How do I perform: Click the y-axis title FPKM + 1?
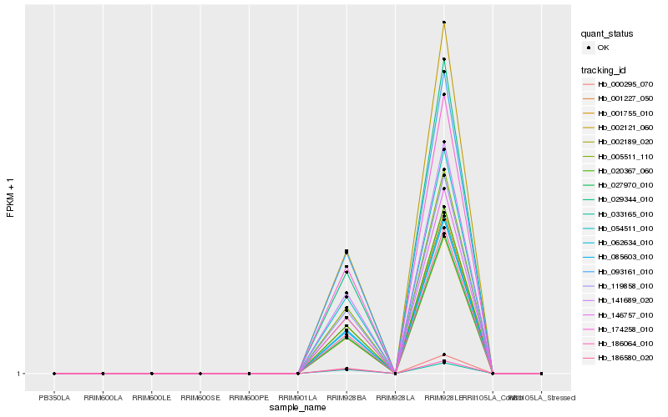point(11,197)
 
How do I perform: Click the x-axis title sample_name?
point(298,408)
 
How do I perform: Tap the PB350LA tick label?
point(54,397)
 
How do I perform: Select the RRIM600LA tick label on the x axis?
point(103,397)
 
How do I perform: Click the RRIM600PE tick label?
point(249,397)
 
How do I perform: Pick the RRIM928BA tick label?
point(347,397)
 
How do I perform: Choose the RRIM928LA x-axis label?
point(395,397)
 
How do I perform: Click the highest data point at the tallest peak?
point(444,23)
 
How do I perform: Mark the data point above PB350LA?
point(54,374)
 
